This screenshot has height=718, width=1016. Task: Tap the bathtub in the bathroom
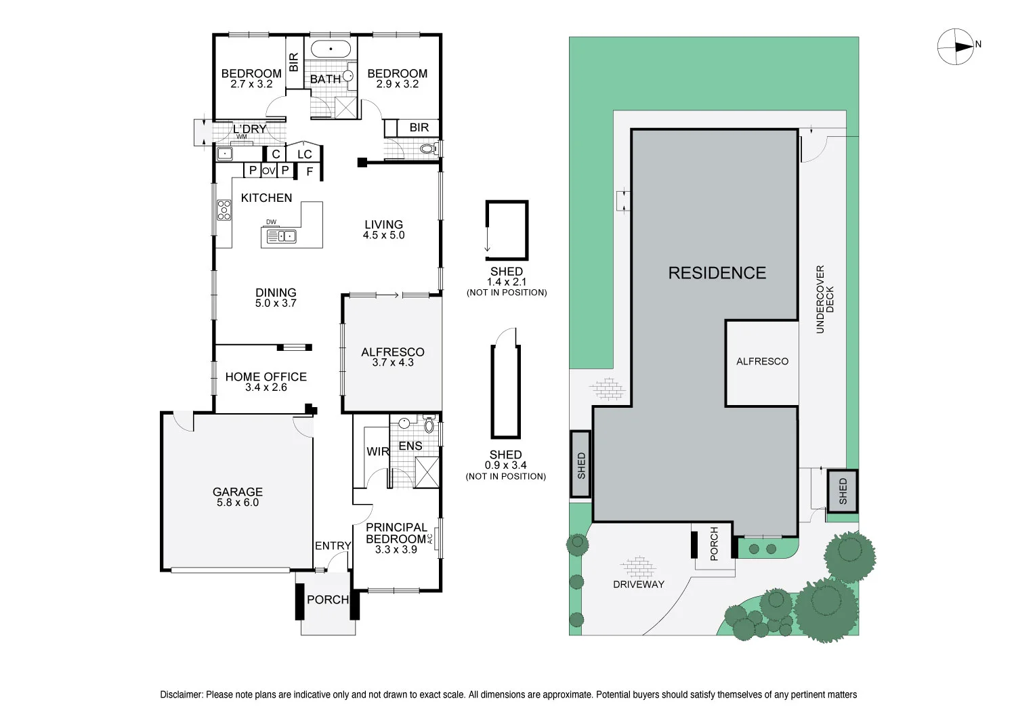(x=331, y=49)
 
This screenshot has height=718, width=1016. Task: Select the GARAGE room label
(x=238, y=492)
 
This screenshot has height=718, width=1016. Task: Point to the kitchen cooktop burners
(x=224, y=210)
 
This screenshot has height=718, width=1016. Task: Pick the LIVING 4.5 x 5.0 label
(x=384, y=230)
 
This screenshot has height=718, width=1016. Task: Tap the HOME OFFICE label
(x=266, y=377)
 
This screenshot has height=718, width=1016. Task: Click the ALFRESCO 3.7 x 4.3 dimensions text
(x=393, y=362)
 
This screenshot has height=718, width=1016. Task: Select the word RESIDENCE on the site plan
(x=717, y=272)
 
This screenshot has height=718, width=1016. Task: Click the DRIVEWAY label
(x=639, y=584)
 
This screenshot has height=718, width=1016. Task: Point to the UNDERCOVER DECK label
(x=824, y=299)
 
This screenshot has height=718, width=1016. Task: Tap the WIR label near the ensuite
(x=378, y=451)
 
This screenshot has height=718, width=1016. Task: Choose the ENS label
(x=410, y=446)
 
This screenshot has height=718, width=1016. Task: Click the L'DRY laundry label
(x=249, y=129)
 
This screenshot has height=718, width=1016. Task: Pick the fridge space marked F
(x=310, y=172)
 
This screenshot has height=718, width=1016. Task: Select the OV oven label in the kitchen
(x=268, y=171)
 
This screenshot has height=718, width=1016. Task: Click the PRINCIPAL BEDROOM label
(x=396, y=533)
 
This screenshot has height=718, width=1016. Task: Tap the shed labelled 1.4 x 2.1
(x=507, y=230)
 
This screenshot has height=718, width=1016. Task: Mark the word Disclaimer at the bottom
(x=181, y=694)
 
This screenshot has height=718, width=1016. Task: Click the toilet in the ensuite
(x=429, y=425)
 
